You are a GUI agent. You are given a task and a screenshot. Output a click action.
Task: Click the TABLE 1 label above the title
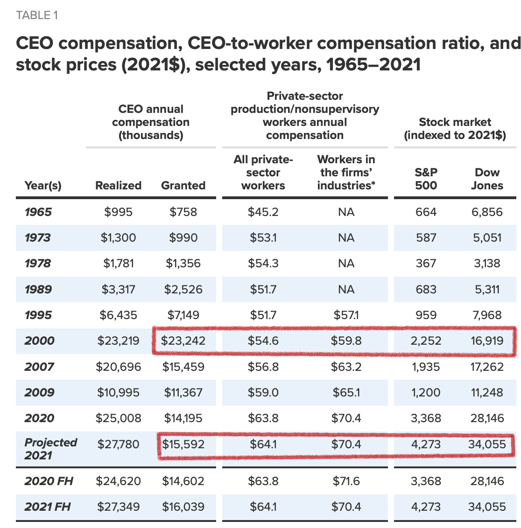pos(37,15)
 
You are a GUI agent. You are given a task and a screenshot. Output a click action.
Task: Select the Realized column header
pos(118,186)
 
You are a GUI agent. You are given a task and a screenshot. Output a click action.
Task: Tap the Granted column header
pos(183,186)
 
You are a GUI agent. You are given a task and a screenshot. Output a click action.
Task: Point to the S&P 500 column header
pos(426,179)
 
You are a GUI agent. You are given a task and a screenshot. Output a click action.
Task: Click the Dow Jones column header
pos(487,179)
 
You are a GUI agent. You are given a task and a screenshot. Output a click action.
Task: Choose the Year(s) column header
pos(43,186)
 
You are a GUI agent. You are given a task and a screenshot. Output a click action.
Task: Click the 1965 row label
pos(38,212)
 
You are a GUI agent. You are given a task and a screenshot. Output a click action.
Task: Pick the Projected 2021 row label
pos(50,449)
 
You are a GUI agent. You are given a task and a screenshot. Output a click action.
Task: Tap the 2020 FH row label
pos(49,481)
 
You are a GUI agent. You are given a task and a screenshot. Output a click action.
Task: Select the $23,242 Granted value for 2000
pos(183,341)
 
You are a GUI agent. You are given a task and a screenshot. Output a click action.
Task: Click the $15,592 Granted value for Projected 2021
pos(183,444)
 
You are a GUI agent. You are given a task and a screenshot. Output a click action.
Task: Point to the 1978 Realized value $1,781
pos(119,264)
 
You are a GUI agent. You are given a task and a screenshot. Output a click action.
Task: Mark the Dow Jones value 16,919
pos(487,341)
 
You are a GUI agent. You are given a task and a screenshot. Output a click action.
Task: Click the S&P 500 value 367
pos(426,264)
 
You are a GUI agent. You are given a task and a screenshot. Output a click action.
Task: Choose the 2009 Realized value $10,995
pos(118,393)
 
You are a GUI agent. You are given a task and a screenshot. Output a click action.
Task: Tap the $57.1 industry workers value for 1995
pos(346,315)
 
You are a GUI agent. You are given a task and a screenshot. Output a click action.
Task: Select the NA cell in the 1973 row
pos(346,238)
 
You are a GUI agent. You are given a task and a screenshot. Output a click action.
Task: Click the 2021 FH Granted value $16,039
pos(183,507)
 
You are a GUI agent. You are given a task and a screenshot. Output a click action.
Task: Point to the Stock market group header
pos(455,129)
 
